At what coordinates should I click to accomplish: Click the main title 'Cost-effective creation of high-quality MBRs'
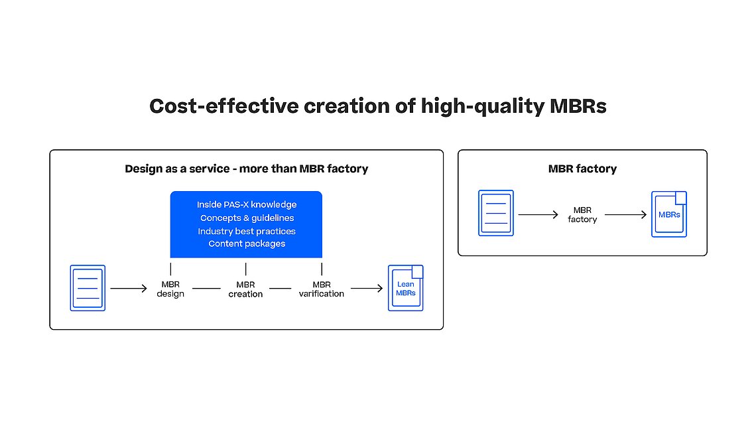pyautogui.click(x=377, y=106)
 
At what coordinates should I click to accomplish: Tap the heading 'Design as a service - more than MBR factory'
pyautogui.click(x=247, y=169)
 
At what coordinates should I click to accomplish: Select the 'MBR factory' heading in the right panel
pyautogui.click(x=582, y=169)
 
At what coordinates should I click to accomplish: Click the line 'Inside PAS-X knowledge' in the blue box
pyautogui.click(x=247, y=204)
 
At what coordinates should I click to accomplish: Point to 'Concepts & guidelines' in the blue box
pyautogui.click(x=247, y=218)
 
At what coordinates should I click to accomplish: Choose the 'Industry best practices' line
pyautogui.click(x=247, y=231)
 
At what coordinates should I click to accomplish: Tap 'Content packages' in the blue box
pyautogui.click(x=247, y=244)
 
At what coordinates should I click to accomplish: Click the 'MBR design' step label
pyautogui.click(x=170, y=289)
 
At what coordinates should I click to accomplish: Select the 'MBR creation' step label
pyautogui.click(x=245, y=289)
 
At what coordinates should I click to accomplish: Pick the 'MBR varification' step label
pyautogui.click(x=322, y=289)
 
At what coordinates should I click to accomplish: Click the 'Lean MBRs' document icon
pyautogui.click(x=405, y=288)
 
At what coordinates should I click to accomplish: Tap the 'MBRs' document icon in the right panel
pyautogui.click(x=669, y=214)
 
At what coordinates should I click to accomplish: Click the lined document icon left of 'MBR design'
pyautogui.click(x=88, y=288)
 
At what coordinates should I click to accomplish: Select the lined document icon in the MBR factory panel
pyautogui.click(x=496, y=213)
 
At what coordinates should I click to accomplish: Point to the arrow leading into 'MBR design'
pyautogui.click(x=129, y=289)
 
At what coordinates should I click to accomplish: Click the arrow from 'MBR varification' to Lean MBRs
pyautogui.click(x=367, y=289)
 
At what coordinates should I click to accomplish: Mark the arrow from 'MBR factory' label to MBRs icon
pyautogui.click(x=626, y=215)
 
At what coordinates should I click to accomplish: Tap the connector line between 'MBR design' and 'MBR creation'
pyautogui.click(x=206, y=289)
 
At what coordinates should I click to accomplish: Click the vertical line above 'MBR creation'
pyautogui.click(x=246, y=269)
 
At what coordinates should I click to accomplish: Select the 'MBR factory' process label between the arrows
pyautogui.click(x=582, y=215)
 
